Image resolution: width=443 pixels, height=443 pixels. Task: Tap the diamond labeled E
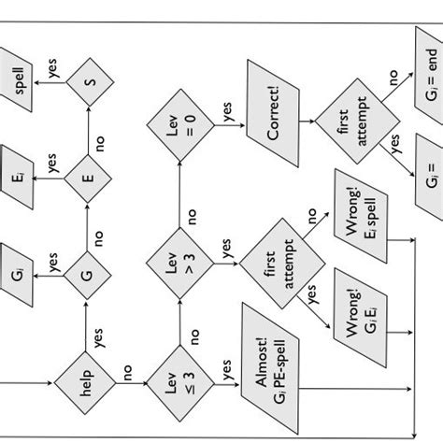tap(85, 179)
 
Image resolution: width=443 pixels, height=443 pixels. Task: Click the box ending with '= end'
tap(426, 65)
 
